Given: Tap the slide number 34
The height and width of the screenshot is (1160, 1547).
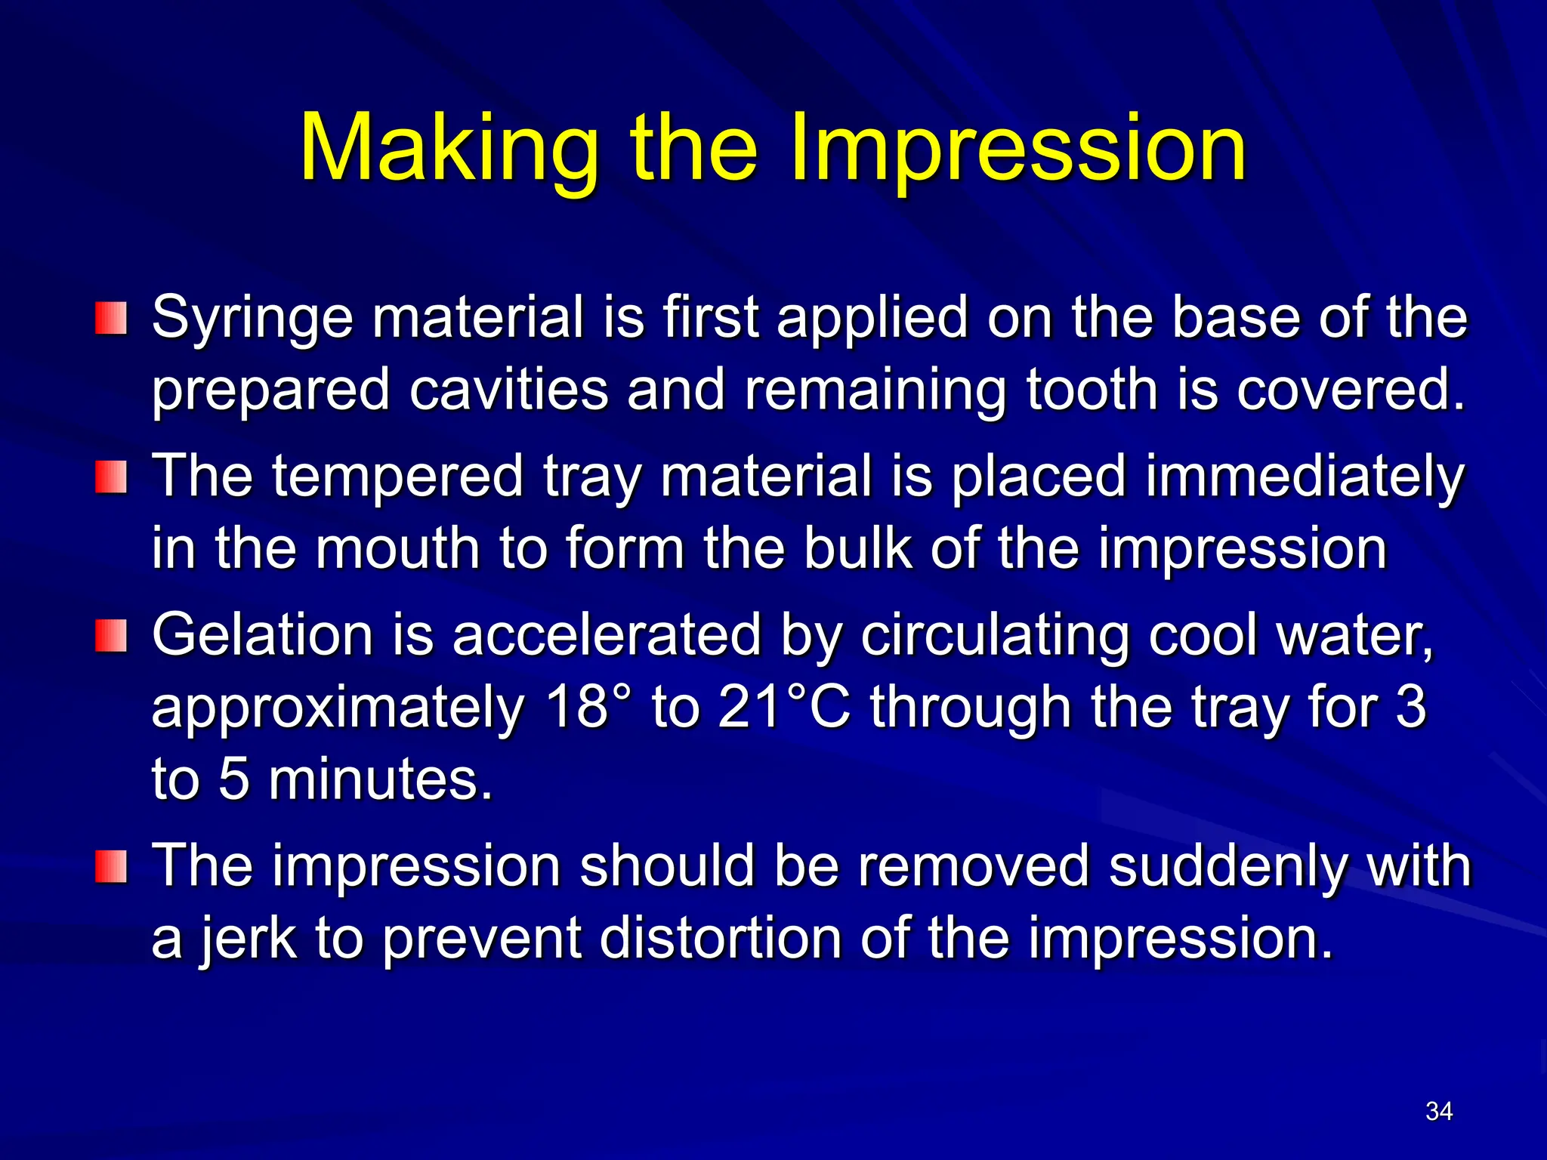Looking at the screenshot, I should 1439,1111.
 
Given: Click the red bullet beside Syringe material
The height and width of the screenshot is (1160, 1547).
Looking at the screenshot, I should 110,318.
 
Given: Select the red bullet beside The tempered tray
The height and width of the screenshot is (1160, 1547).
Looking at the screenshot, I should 110,478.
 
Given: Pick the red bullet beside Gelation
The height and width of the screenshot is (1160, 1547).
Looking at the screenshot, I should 110,636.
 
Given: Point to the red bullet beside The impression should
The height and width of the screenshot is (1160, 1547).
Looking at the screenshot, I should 110,866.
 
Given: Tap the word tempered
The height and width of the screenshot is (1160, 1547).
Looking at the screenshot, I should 397,477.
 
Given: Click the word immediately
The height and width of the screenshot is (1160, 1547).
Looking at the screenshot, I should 1305,477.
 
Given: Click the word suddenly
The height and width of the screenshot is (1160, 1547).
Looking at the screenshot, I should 1227,866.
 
